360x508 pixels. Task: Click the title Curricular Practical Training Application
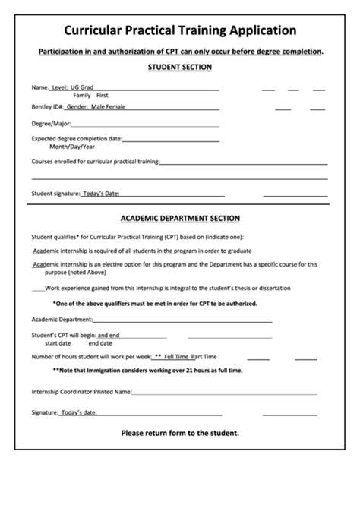[180, 30]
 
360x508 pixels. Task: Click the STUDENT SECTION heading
[180, 68]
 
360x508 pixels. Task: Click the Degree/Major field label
[51, 123]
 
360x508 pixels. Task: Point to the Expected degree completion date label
[76, 139]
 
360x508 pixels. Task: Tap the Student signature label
[55, 194]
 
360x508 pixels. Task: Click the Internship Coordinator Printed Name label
[81, 392]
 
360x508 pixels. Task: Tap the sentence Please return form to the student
[180, 433]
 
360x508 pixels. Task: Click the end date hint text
[101, 342]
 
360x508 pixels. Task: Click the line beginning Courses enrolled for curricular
[95, 162]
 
